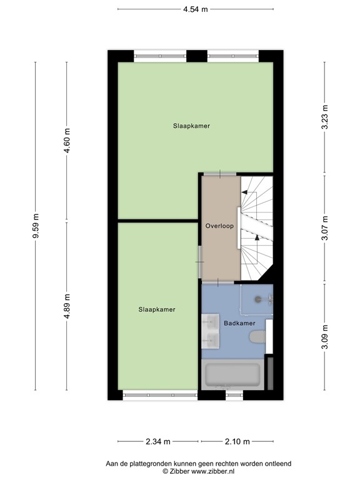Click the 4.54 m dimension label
tap(196, 9)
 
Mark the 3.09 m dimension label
tap(324, 337)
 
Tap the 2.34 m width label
tap(159, 442)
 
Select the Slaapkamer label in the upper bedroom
tap(191, 126)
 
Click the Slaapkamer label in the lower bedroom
tap(157, 309)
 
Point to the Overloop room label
tap(219, 226)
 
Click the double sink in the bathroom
tap(210, 331)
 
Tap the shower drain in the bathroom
tap(256, 298)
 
